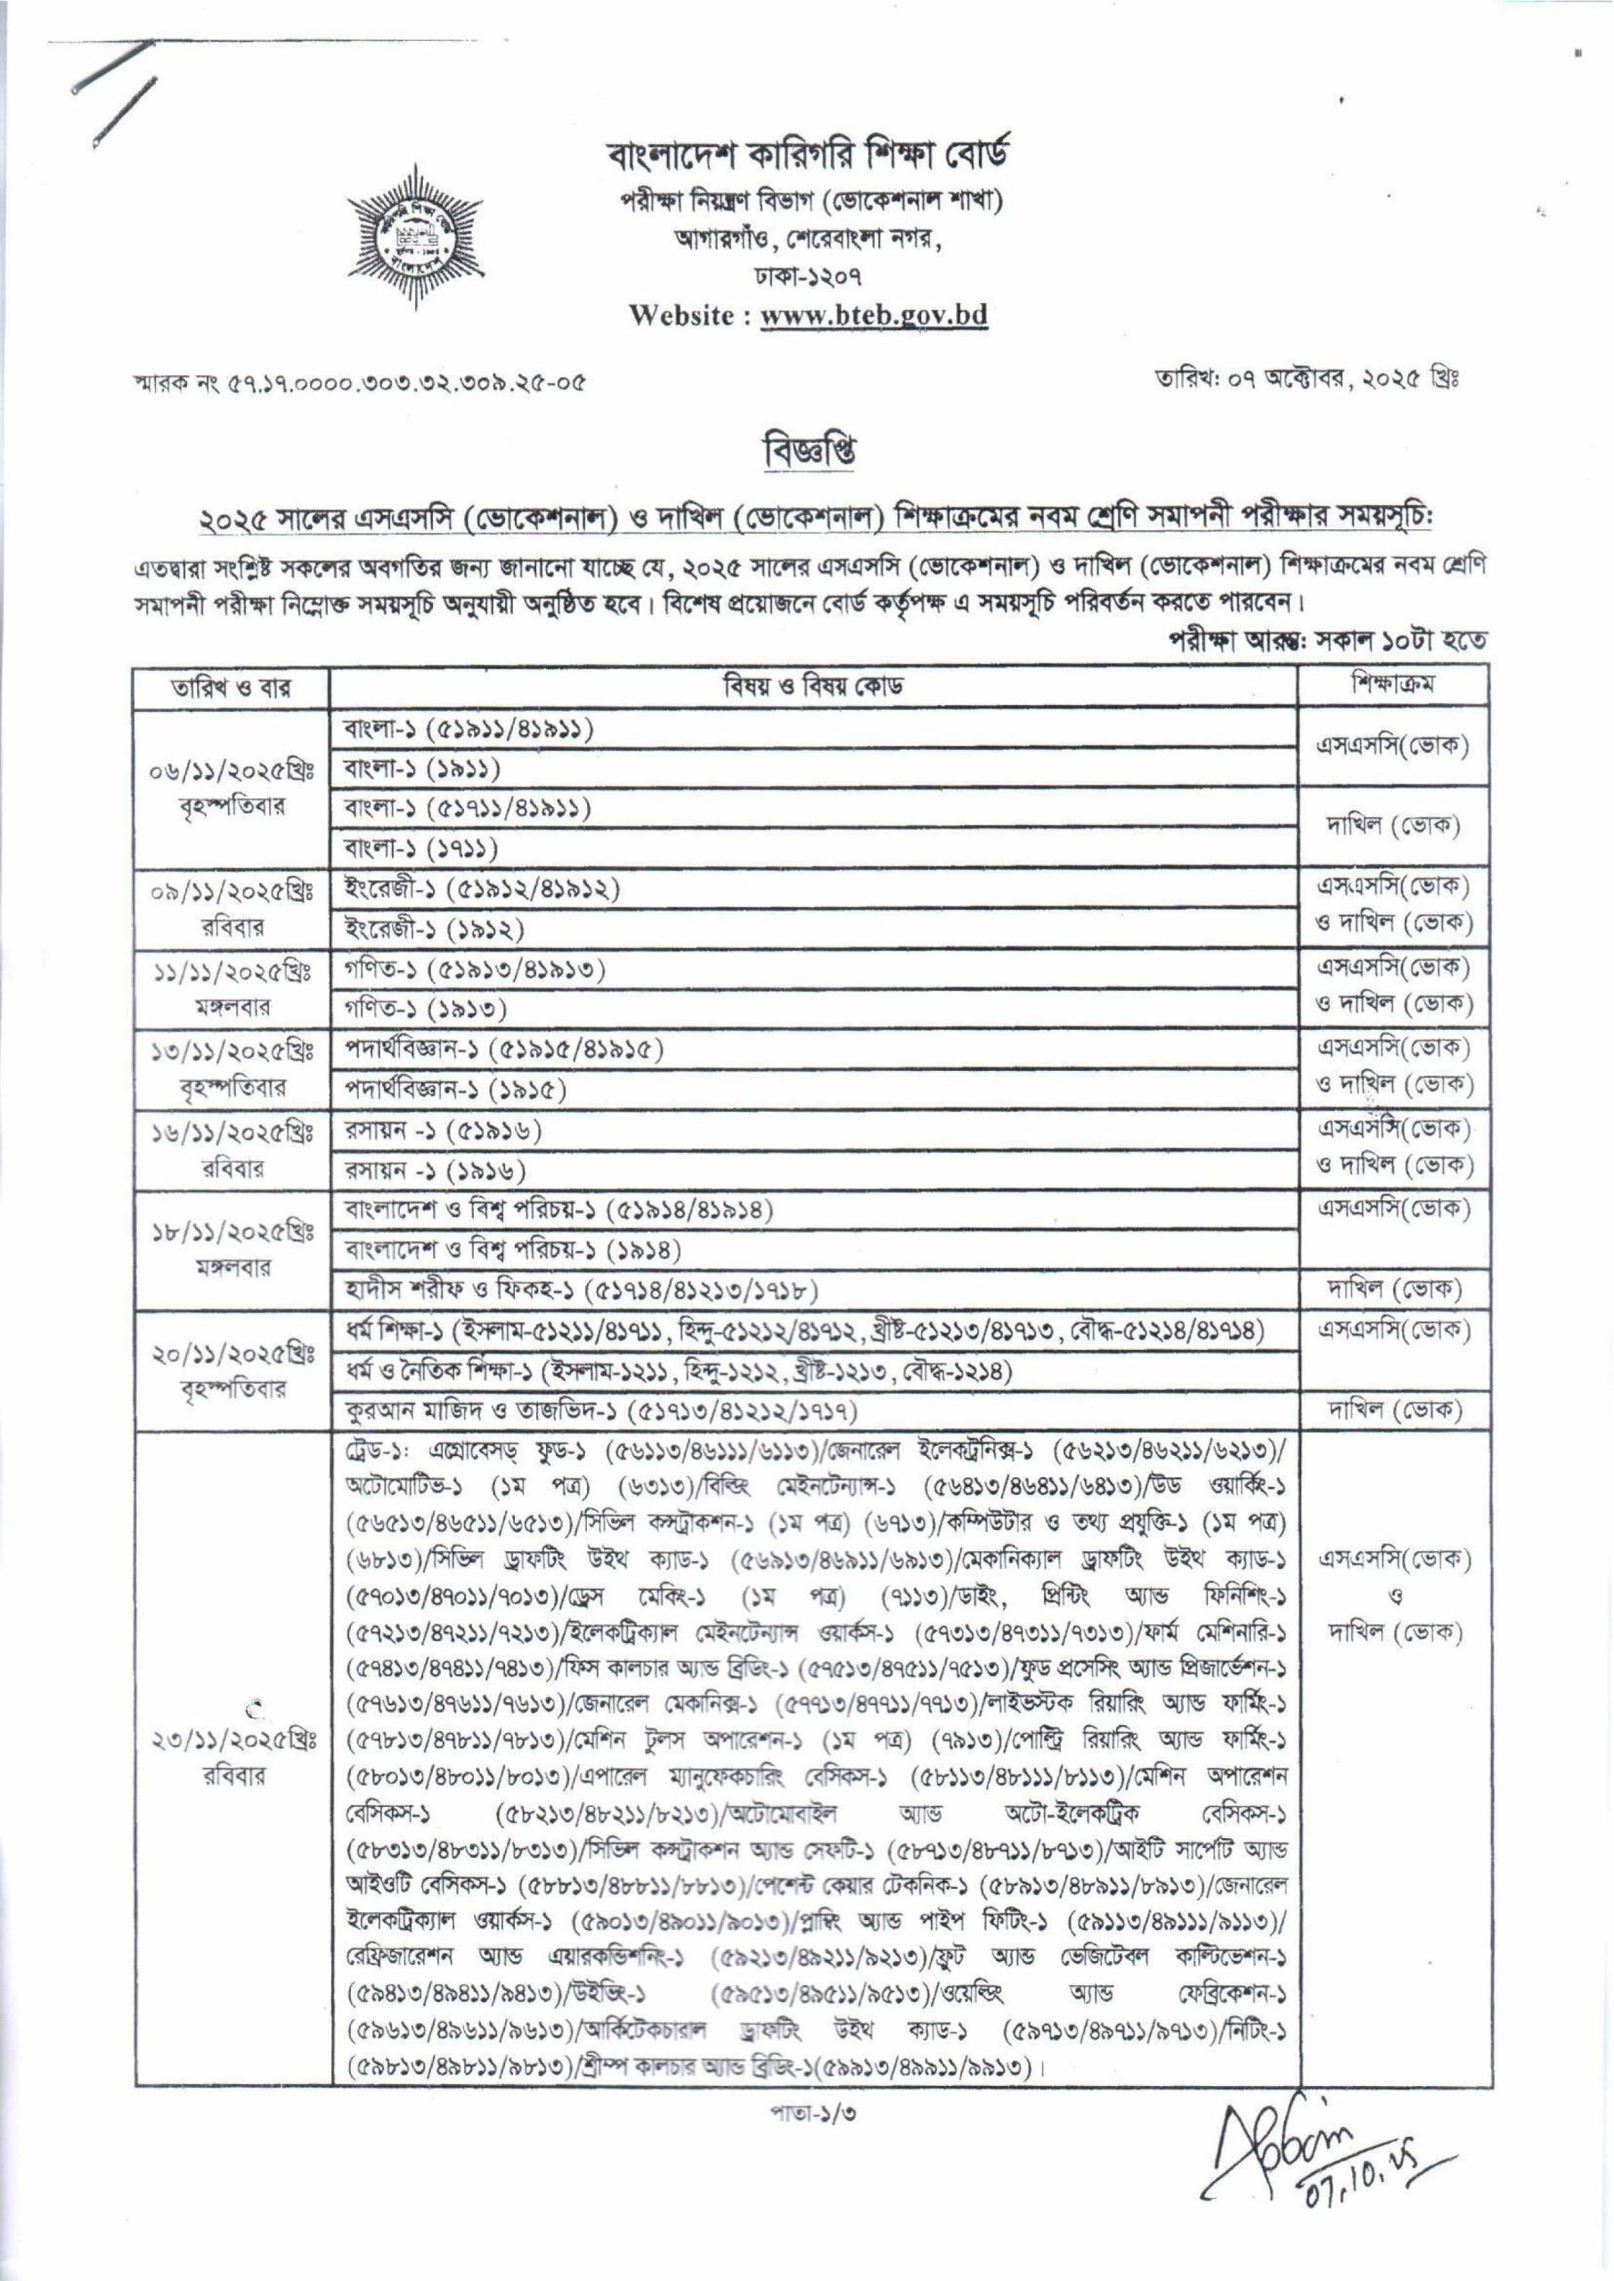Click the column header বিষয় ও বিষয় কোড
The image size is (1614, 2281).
812,688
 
